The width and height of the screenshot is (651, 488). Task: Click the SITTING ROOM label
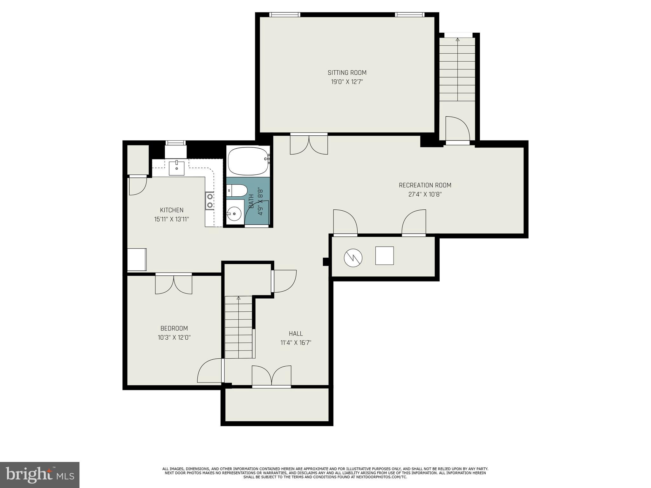(347, 73)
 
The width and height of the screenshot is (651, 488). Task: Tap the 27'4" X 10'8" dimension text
(425, 194)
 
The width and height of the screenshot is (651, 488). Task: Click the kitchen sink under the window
(176, 168)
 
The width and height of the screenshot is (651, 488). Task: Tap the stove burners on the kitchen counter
(209, 200)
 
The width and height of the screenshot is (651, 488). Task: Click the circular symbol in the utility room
(353, 257)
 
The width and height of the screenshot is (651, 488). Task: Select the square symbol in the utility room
(384, 256)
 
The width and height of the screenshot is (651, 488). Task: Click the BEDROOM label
(174, 329)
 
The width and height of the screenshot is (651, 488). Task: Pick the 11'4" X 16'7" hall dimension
(296, 343)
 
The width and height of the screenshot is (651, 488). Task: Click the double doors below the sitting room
(309, 145)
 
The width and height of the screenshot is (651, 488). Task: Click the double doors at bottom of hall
(271, 376)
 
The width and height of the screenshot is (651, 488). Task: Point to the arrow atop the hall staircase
(238, 298)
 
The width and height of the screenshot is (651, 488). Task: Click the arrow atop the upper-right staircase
(457, 40)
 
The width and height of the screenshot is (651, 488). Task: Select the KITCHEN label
(172, 210)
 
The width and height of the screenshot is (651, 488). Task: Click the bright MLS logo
(39, 475)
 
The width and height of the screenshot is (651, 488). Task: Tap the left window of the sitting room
(284, 15)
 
